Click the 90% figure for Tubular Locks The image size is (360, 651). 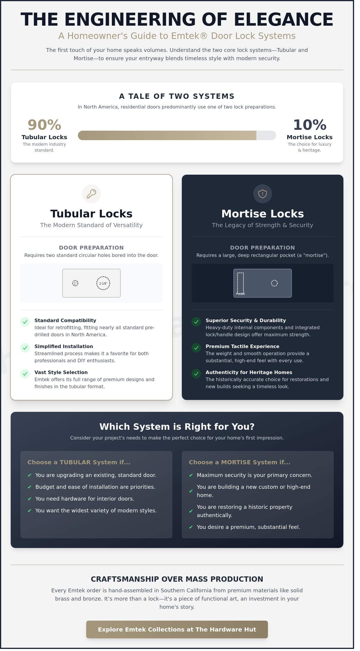(44, 125)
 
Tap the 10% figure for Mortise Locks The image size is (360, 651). (310, 125)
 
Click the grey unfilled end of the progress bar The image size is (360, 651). (266, 135)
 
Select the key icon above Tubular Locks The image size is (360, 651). (91, 194)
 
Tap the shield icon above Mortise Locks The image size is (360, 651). (262, 194)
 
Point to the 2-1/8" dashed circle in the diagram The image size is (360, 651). (103, 283)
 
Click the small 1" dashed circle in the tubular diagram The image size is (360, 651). (75, 283)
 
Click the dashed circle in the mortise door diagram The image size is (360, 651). (274, 283)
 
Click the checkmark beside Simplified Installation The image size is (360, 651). (25, 348)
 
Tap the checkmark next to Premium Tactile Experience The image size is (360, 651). (196, 348)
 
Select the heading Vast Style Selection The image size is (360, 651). (61, 372)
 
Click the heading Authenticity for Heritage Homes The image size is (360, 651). (249, 372)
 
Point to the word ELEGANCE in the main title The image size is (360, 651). (283, 20)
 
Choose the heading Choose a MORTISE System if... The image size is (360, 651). (239, 462)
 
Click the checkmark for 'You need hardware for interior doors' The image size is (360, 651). (30, 499)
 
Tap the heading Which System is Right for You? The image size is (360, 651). (177, 427)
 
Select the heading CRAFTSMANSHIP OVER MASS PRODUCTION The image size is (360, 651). (177, 579)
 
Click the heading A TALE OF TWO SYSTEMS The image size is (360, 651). (177, 96)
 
